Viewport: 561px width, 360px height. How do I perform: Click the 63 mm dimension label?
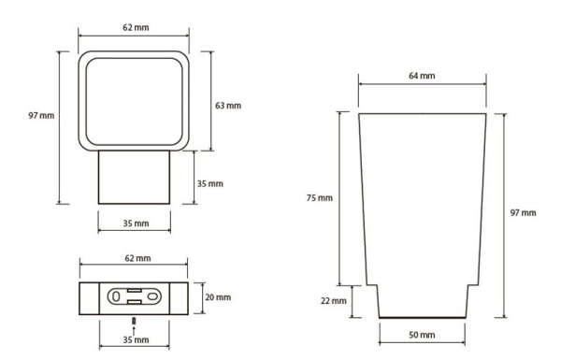click(x=228, y=106)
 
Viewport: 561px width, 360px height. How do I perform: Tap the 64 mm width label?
click(x=422, y=76)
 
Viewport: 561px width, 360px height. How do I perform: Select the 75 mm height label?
click(x=320, y=197)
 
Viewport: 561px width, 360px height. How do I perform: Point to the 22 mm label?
click(x=334, y=301)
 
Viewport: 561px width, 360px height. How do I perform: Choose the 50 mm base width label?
click(x=422, y=335)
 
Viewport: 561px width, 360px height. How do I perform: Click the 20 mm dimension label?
click(x=218, y=297)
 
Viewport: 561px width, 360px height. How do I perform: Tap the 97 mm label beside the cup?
click(x=523, y=213)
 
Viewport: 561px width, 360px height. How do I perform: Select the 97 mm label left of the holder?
click(x=41, y=116)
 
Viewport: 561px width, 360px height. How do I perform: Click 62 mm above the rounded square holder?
click(x=136, y=27)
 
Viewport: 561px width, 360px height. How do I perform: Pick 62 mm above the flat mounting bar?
click(x=137, y=258)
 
